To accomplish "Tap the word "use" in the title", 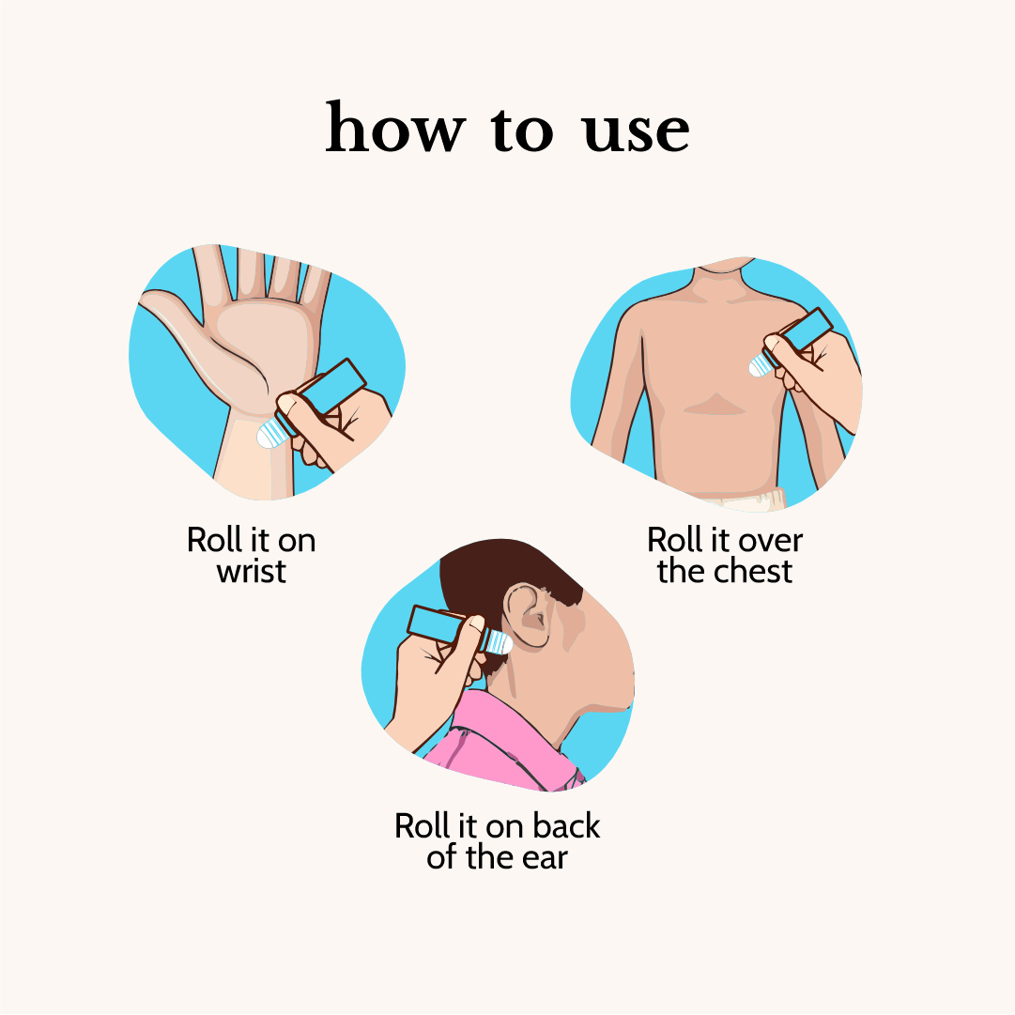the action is (635, 132).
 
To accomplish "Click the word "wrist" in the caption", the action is (251, 572).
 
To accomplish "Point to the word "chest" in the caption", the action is (753, 571).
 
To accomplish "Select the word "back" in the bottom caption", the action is (566, 826).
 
